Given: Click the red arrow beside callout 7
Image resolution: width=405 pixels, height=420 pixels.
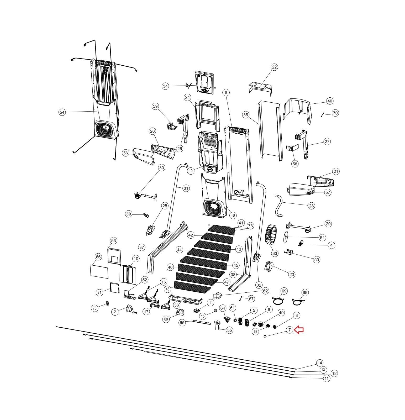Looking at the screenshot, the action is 299,330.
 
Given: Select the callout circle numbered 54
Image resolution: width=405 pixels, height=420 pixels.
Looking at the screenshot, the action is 62,112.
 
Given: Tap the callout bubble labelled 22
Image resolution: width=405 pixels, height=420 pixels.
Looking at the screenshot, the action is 274,67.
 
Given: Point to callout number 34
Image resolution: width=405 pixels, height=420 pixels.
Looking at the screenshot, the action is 165,86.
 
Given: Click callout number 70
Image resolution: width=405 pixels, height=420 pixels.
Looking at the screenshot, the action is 335,113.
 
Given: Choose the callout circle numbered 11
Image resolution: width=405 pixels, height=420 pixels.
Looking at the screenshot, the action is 327,379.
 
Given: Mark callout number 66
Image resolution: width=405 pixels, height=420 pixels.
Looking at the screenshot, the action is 98,257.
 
